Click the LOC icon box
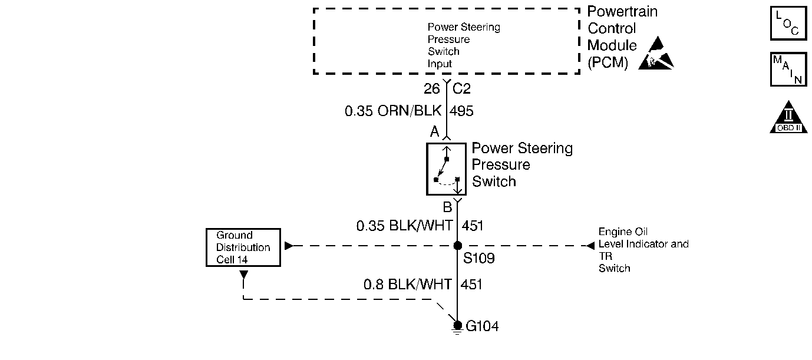pos(788,23)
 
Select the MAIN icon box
pos(788,70)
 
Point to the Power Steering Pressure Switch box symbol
pos(446,169)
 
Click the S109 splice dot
pos(457,246)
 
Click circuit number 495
pos(461,111)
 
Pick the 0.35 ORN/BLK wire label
pos(392,111)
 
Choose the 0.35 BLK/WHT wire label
pos(404,225)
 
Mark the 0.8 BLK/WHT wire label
pos(408,285)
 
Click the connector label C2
pos(462,89)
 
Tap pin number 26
pos(432,89)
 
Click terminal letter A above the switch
pos(434,132)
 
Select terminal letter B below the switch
pos(447,207)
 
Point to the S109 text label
pos(478,258)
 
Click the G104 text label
pos(482,326)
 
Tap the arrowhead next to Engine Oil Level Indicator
pos(590,246)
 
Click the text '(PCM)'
pos(608,62)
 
